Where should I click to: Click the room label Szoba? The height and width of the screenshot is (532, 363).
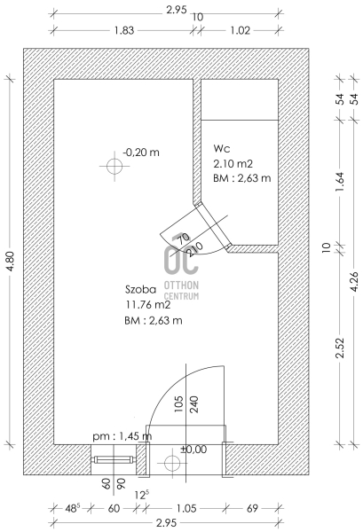click(141, 289)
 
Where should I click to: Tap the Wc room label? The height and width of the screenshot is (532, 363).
click(222, 149)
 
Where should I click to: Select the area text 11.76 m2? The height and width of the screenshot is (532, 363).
click(148, 305)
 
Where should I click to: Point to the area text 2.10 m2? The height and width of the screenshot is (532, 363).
click(233, 164)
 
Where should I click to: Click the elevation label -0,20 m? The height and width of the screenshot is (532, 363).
click(141, 152)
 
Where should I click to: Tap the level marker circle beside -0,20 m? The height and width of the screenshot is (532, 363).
click(114, 167)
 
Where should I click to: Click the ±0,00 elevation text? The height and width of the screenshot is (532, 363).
click(193, 450)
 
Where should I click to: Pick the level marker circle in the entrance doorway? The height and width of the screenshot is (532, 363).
click(172, 463)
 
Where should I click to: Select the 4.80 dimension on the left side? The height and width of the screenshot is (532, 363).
click(10, 262)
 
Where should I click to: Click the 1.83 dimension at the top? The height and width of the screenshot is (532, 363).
click(124, 30)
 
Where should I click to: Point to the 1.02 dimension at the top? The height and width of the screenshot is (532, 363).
click(240, 30)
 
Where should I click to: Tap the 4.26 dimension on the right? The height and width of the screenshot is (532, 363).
click(354, 282)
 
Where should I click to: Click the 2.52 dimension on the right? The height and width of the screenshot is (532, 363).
click(340, 348)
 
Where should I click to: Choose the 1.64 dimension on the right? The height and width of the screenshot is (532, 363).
click(340, 182)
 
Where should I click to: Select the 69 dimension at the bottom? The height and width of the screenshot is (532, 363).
click(252, 508)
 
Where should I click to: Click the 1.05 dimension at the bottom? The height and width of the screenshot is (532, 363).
click(186, 508)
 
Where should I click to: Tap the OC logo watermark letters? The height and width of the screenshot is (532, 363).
click(181, 254)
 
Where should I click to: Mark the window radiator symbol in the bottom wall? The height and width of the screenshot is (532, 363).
click(114, 459)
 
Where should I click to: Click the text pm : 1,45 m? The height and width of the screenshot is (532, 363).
click(122, 436)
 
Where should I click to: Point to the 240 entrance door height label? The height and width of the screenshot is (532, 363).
click(193, 404)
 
